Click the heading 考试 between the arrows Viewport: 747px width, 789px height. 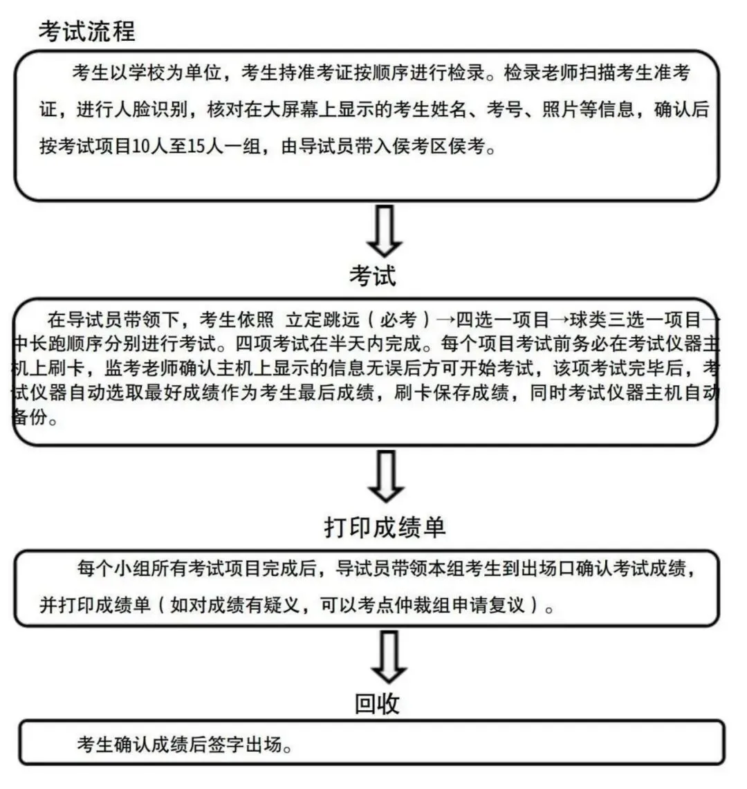pos(373,276)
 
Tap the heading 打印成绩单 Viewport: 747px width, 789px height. pos(385,527)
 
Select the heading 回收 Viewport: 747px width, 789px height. pos(377,704)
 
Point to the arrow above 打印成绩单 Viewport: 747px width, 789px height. pos(385,476)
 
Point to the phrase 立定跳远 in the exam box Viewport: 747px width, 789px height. pos(315,319)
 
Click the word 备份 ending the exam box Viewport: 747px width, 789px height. pos(31,418)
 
